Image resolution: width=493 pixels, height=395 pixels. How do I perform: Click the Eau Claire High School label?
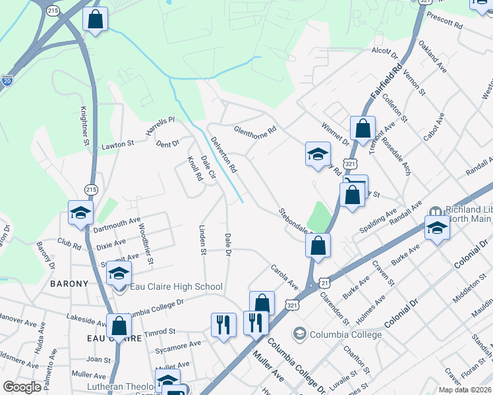pyautogui.click(x=175, y=286)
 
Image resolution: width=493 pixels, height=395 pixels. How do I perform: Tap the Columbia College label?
pyautogui.click(x=347, y=334)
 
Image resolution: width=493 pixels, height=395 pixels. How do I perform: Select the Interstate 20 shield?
pyautogui.click(x=7, y=80)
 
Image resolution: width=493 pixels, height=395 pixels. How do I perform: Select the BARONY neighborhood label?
pyautogui.click(x=69, y=284)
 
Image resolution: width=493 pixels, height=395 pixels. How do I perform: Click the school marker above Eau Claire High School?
pyautogui.click(x=119, y=275)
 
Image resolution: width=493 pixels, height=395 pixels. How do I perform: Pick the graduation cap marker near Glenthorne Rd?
pyautogui.click(x=317, y=155)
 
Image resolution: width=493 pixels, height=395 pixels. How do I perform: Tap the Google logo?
pyautogui.click(x=22, y=387)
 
